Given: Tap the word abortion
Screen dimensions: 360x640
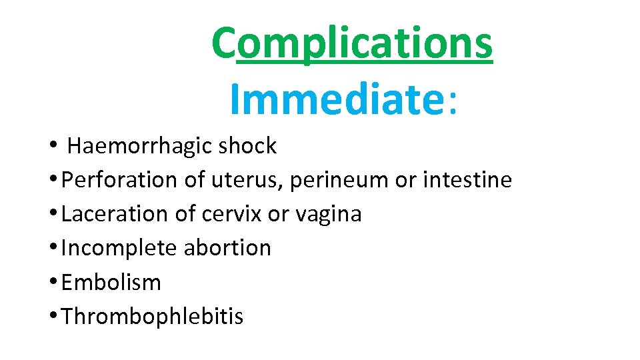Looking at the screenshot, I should [x=227, y=248].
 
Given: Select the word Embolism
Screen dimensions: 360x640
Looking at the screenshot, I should [x=111, y=282].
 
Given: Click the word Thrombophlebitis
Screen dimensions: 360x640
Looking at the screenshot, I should [x=152, y=317].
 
